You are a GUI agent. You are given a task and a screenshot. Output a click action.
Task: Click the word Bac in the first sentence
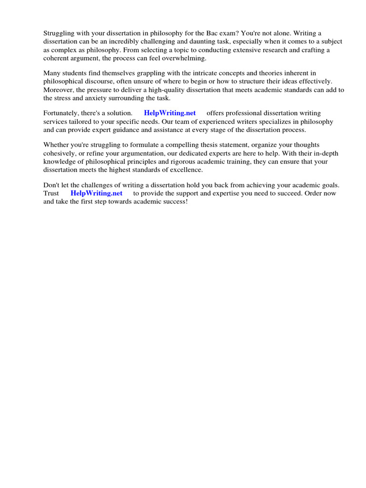point(211,33)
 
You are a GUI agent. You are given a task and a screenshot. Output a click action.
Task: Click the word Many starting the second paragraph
point(52,73)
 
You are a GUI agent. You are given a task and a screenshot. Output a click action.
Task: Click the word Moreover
point(58,90)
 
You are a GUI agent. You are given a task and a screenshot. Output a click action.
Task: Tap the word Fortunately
point(62,113)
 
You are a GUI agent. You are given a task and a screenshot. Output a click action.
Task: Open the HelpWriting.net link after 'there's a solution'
point(170,113)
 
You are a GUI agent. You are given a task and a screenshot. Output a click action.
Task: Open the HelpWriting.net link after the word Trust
point(96,193)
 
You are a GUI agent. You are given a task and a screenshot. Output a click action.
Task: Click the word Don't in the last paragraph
point(51,184)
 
